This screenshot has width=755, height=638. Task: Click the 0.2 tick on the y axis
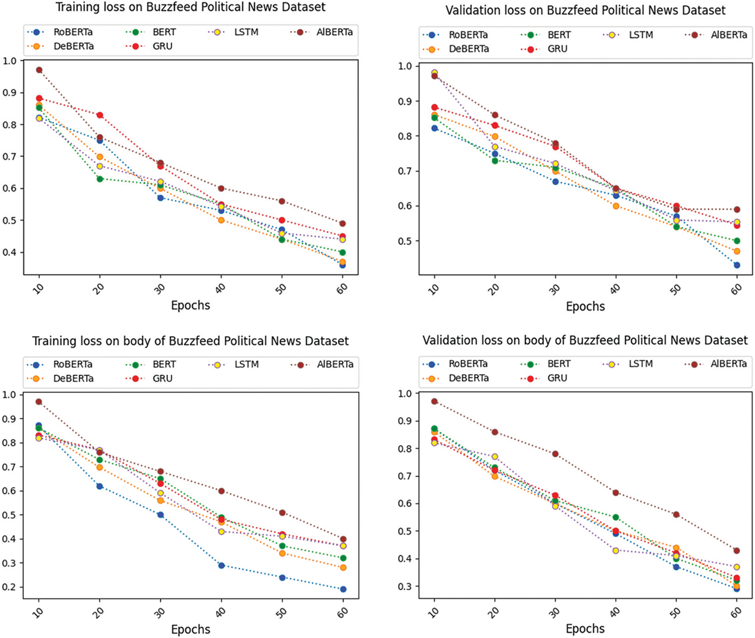pyautogui.click(x=10, y=587)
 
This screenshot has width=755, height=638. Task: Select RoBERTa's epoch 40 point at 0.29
pyautogui.click(x=221, y=565)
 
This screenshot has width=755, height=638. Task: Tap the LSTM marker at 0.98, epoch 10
pyautogui.click(x=434, y=73)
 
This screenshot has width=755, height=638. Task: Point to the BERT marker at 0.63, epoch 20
pyautogui.click(x=100, y=179)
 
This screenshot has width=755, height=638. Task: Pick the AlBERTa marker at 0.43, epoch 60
pyautogui.click(x=737, y=551)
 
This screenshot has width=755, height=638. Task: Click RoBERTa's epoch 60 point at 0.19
pyautogui.click(x=343, y=589)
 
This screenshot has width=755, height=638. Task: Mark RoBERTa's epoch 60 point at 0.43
pyautogui.click(x=737, y=265)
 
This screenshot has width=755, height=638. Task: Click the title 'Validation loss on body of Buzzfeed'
pyautogui.click(x=585, y=340)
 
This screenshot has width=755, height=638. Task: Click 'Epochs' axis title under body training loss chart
pyautogui.click(x=191, y=629)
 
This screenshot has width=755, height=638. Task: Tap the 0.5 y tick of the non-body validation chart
pyautogui.click(x=405, y=241)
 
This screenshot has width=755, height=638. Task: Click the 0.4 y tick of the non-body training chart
pyautogui.click(x=10, y=252)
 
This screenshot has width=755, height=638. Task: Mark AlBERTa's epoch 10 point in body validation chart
pyautogui.click(x=434, y=401)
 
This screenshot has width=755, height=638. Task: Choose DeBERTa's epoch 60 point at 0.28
pyautogui.click(x=343, y=568)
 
